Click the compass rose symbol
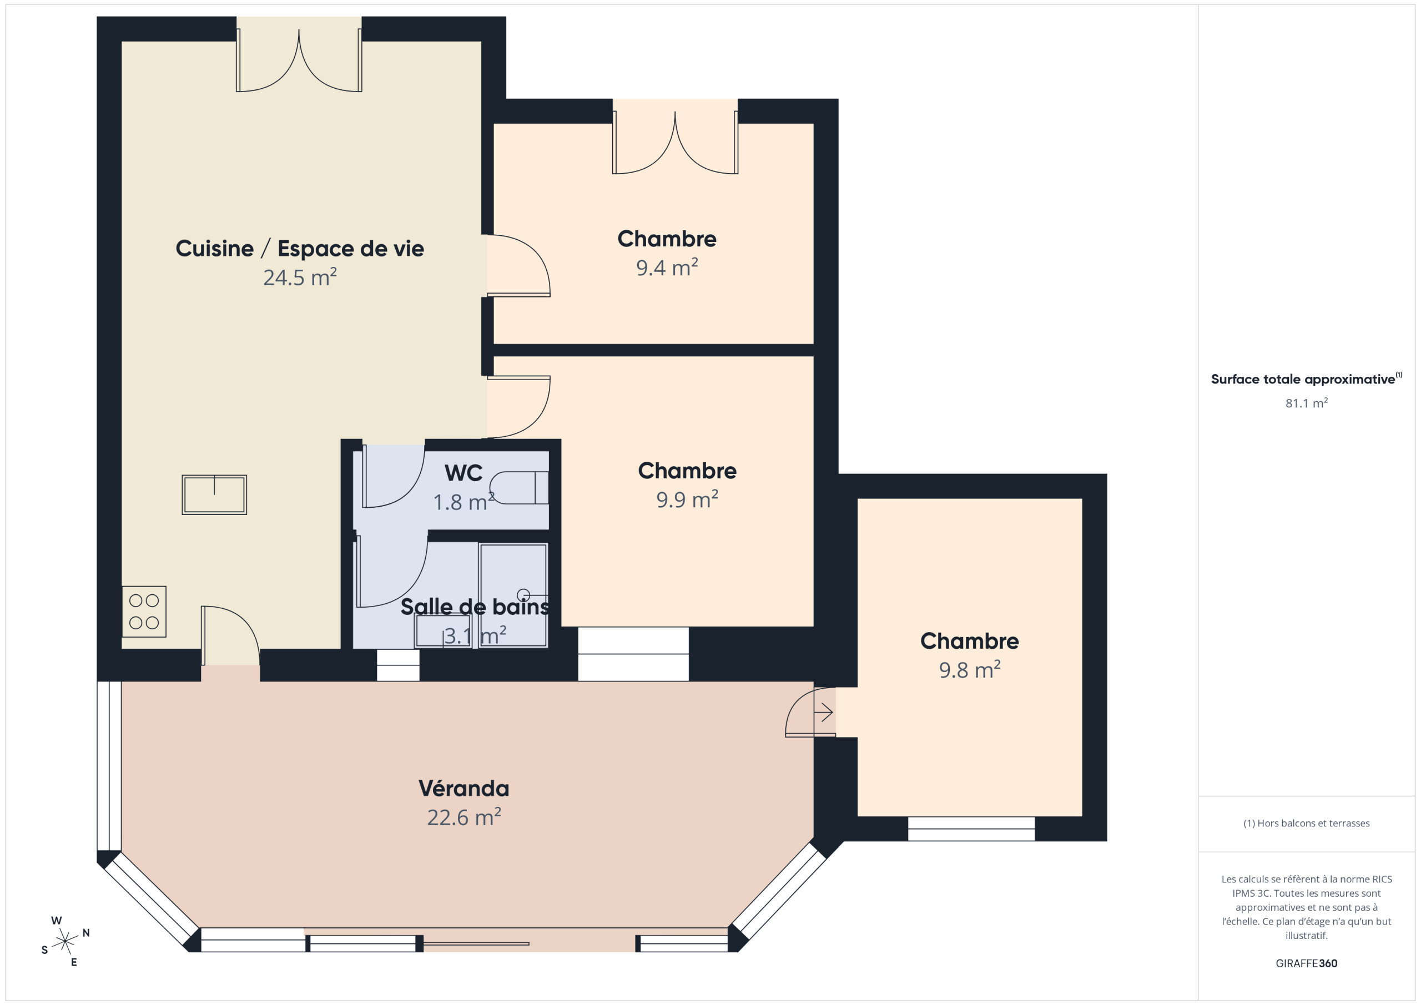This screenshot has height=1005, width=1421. coord(65,941)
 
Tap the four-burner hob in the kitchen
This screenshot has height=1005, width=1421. coord(144,612)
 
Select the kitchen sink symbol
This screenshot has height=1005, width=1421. coord(214,494)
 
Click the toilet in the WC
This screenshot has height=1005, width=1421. coord(518,488)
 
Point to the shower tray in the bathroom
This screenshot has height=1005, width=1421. coord(513,595)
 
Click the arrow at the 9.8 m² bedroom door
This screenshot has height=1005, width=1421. coord(823,713)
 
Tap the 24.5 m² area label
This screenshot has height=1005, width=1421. coord(300,276)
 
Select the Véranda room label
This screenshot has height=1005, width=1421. coord(463,788)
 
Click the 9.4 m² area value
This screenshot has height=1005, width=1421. coord(667,267)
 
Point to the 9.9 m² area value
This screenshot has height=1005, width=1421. coord(687,499)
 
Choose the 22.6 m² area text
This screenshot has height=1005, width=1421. coord(463,817)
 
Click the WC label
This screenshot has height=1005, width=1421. coord(463,473)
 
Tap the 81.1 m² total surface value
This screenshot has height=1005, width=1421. coord(1307,403)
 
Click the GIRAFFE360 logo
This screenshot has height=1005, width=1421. coord(1307,963)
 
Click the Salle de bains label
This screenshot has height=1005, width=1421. coord(475,607)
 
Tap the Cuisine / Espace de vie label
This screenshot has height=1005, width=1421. coord(300,248)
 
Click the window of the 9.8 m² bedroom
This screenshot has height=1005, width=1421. coord(971,829)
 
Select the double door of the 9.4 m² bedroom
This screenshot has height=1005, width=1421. coord(674,142)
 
